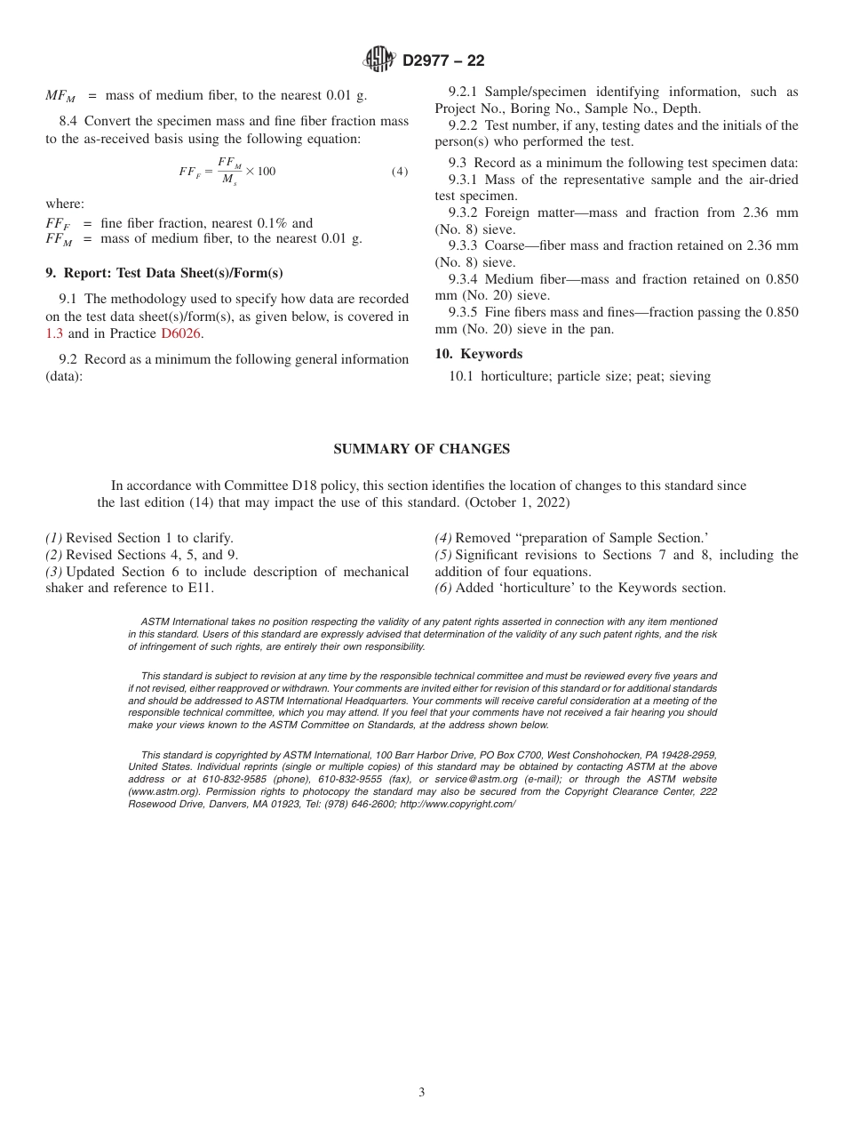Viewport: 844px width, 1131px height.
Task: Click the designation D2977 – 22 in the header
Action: tap(443, 61)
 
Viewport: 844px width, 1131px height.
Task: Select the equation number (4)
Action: tap(400, 171)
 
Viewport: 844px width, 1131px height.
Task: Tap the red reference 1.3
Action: tap(55, 333)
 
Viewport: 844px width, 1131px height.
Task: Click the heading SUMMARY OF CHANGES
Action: tap(421, 449)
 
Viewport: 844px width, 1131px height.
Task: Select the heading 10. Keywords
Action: tap(478, 354)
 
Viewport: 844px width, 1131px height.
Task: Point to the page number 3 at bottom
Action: tap(421, 1093)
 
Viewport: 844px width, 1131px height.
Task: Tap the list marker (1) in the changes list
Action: tap(54, 538)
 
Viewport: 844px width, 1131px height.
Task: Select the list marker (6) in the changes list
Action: tap(443, 588)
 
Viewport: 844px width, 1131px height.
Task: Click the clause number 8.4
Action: tap(69, 121)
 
